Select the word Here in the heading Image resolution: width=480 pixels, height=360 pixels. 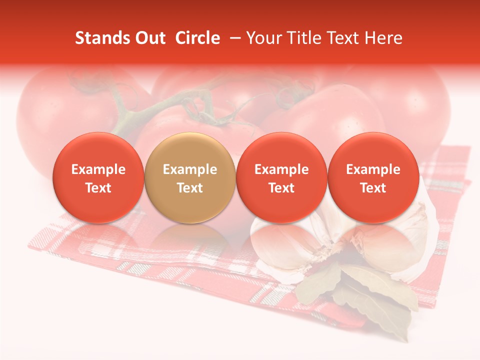(384, 38)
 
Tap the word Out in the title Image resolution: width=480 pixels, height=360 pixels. (150, 38)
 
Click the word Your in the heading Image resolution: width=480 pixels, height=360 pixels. (262, 38)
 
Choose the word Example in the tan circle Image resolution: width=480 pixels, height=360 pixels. (190, 169)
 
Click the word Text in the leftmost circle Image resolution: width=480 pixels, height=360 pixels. (98, 188)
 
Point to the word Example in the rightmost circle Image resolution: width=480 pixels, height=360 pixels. (373, 169)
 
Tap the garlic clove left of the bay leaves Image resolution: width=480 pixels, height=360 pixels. (280, 250)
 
